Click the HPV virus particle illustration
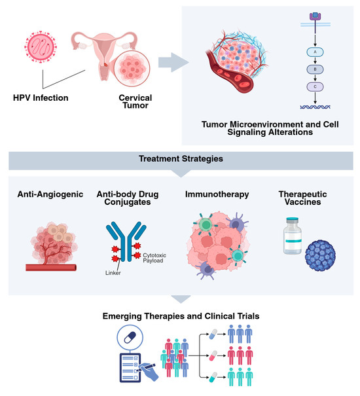click(x=41, y=46)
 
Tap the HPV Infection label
click(x=41, y=98)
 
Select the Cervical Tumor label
click(x=135, y=101)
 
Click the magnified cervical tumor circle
click(x=132, y=69)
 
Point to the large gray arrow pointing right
click(x=173, y=62)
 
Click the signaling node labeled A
click(x=315, y=52)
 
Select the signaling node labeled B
click(x=315, y=69)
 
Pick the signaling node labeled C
click(x=315, y=86)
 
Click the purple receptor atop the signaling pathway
click(x=315, y=16)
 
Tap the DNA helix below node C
click(x=315, y=107)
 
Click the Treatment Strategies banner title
click(x=181, y=159)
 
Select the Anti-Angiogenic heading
click(x=50, y=194)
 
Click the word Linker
click(x=113, y=273)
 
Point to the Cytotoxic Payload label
click(x=154, y=258)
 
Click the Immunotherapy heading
click(x=217, y=194)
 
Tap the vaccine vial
click(x=293, y=236)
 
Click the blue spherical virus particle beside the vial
click(x=320, y=255)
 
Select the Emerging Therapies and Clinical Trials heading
click(x=181, y=316)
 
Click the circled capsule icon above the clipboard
click(x=130, y=338)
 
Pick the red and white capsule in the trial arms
click(x=213, y=355)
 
